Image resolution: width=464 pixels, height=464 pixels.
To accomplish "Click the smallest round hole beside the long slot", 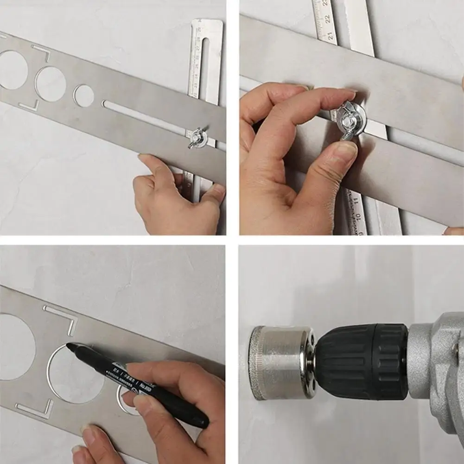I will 84,95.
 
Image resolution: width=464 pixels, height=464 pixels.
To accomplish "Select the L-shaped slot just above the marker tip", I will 63,317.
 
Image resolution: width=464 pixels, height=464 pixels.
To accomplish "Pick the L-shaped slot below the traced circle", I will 35,408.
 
